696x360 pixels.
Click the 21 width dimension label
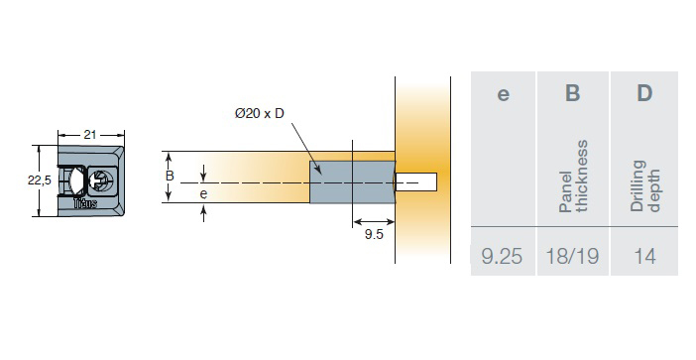[90, 135]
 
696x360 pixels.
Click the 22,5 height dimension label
[40, 180]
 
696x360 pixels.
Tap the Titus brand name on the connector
[85, 203]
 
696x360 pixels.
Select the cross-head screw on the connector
[102, 180]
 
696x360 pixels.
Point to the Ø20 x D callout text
[259, 114]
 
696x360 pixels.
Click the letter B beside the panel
[170, 176]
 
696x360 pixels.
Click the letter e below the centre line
[203, 194]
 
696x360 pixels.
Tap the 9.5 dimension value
[374, 234]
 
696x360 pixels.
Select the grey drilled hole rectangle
[352, 182]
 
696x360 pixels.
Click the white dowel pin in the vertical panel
[416, 182]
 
